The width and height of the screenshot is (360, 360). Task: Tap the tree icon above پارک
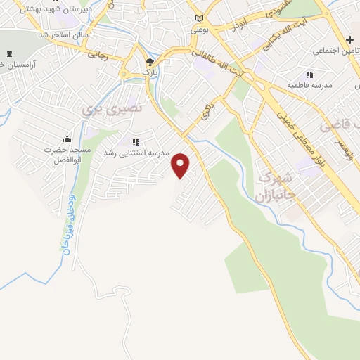pos(148,62)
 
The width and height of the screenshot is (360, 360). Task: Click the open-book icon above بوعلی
pos(199,18)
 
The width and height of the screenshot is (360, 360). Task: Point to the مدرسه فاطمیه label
pos(309,85)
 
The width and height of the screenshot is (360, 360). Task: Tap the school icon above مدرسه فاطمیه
pos(309,75)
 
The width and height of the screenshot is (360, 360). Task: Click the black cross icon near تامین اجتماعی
pos(349,40)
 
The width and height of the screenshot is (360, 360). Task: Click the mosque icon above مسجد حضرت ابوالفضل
pos(67,139)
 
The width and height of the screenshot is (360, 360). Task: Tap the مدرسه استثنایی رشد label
pos(136,153)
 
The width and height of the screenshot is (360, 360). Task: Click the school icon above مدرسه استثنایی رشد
pos(135,142)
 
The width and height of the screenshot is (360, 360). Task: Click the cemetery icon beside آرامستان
pos(9,54)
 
